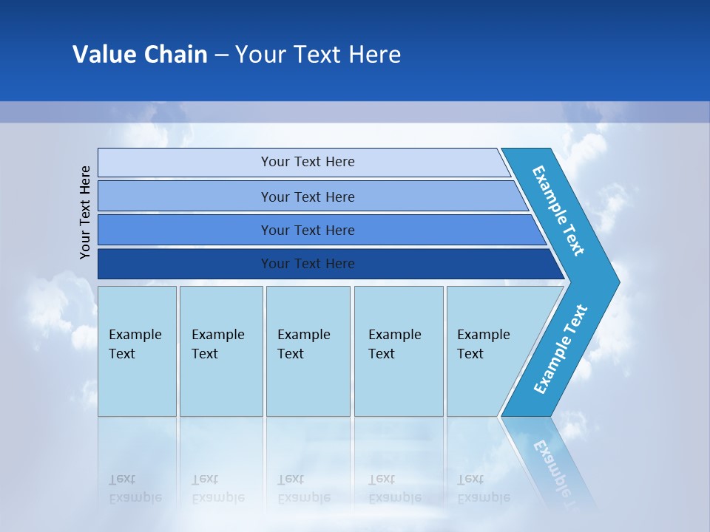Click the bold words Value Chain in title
[x=140, y=54]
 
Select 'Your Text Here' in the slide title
[x=318, y=54]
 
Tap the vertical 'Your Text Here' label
[x=85, y=212]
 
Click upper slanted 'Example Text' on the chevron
[x=558, y=211]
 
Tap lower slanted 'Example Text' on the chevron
[x=560, y=349]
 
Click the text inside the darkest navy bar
[x=308, y=264]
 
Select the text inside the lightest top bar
[x=308, y=162]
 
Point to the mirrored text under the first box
[x=135, y=488]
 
